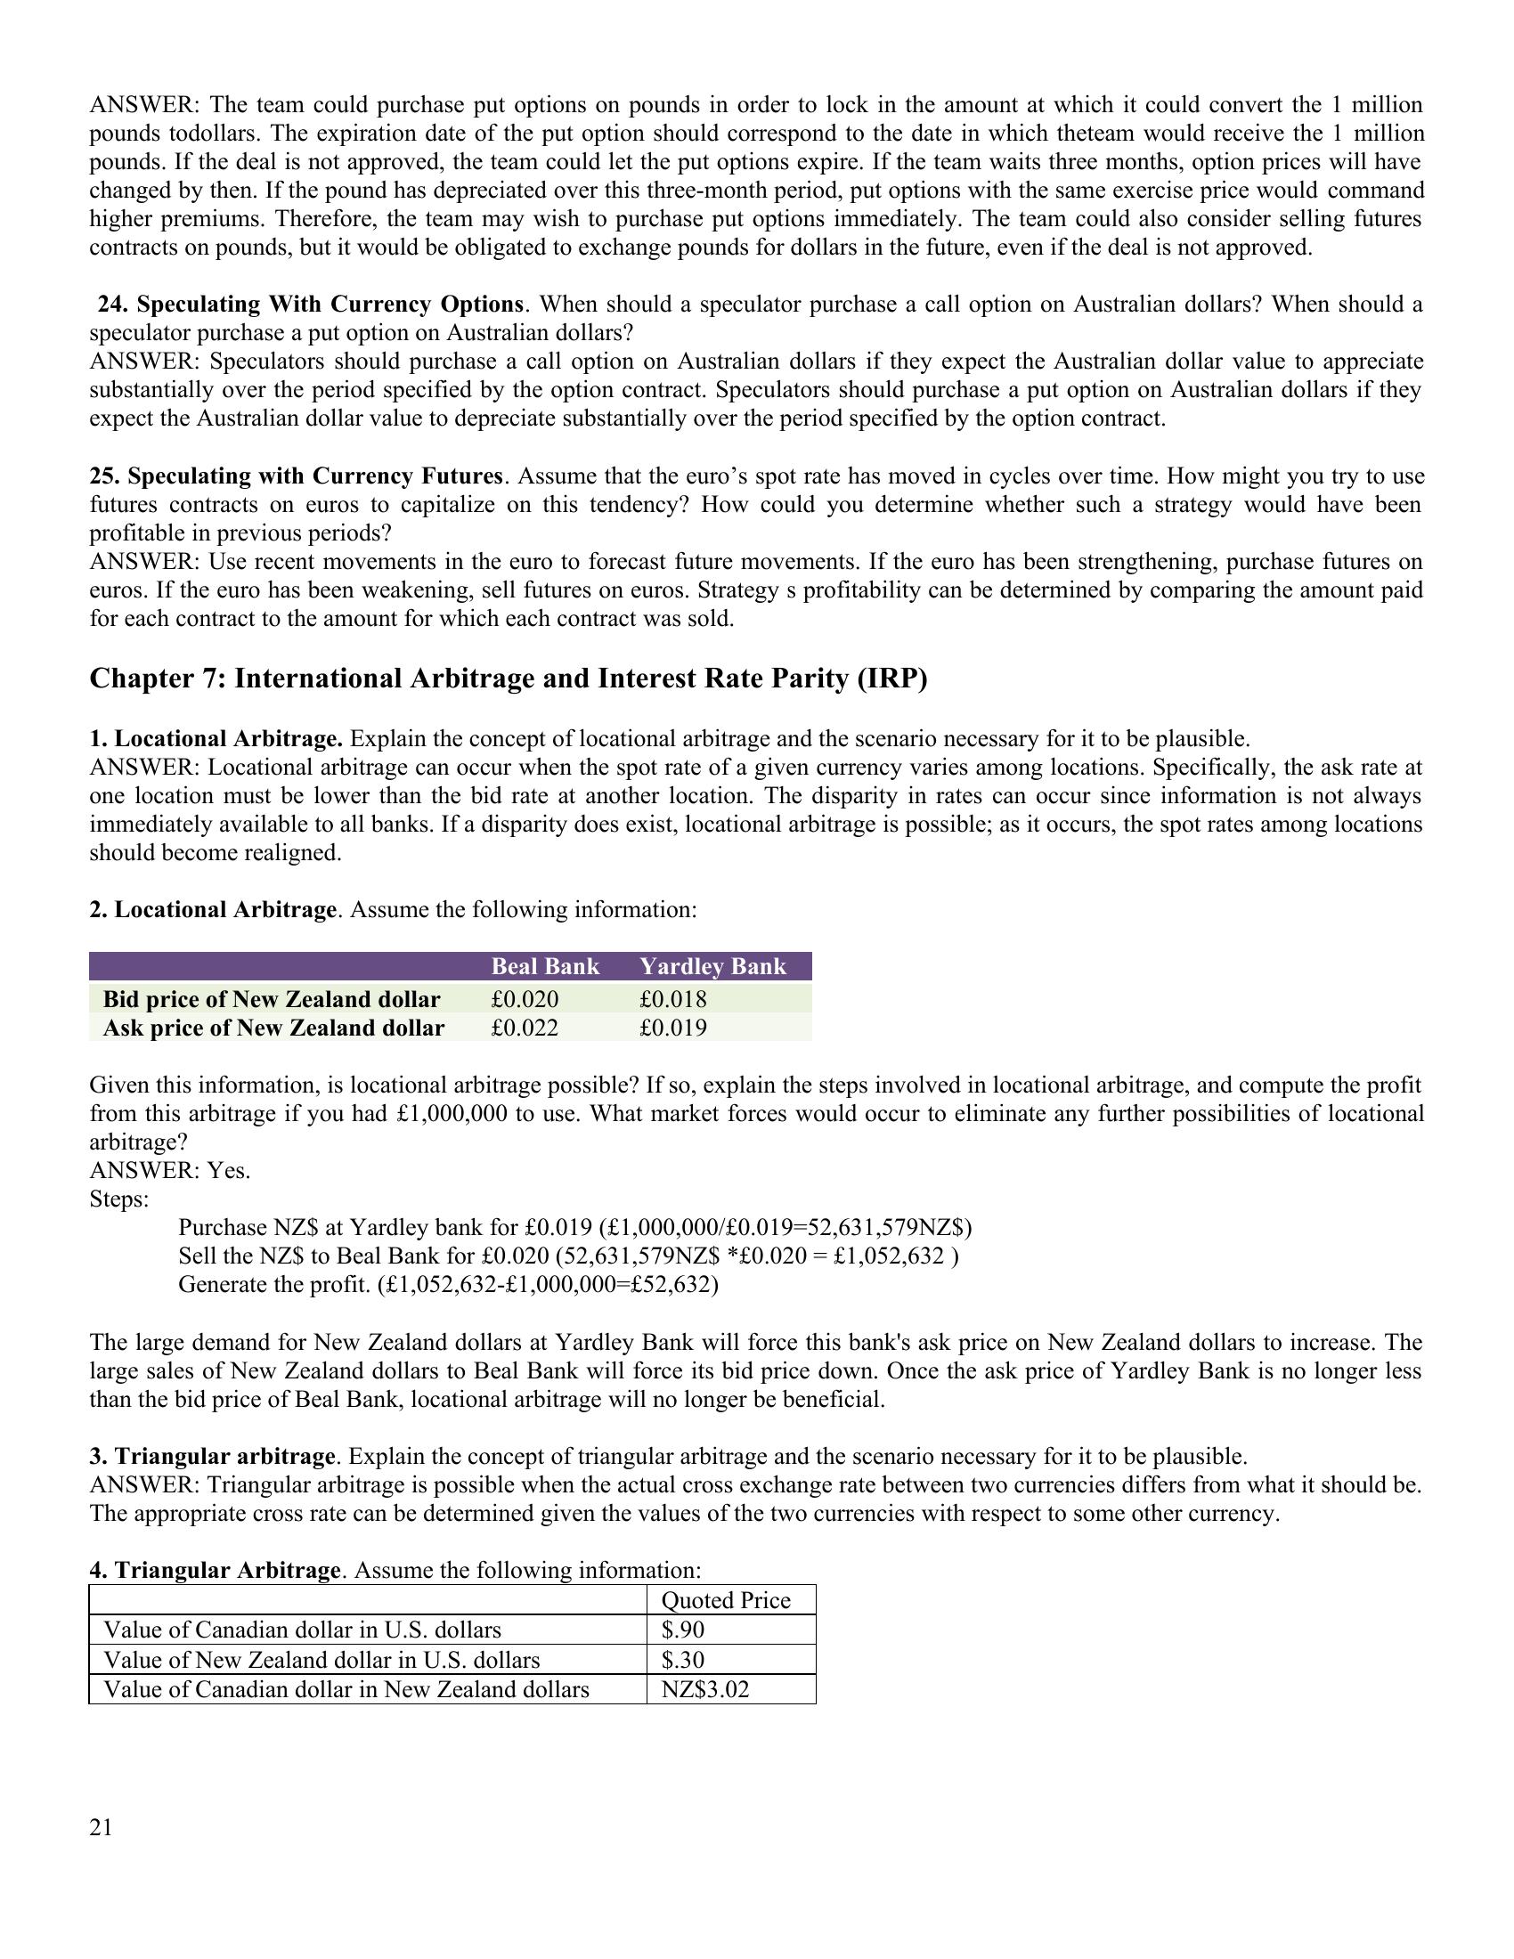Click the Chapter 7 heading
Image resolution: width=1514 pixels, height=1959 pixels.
point(508,679)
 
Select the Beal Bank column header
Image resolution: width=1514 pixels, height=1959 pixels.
point(544,966)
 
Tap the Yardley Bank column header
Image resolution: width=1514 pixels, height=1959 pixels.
point(712,966)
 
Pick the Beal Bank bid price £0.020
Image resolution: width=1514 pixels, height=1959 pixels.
point(525,999)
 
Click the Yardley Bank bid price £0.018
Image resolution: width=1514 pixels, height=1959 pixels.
point(672,999)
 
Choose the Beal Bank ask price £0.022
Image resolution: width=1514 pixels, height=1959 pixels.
point(525,1028)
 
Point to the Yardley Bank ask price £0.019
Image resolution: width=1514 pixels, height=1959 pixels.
point(672,1028)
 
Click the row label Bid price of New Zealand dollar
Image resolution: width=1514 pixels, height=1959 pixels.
point(272,999)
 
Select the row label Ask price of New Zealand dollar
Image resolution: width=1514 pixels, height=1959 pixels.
point(273,1028)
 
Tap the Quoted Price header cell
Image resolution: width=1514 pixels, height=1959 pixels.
point(726,1600)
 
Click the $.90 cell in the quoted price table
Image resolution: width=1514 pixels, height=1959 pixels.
point(682,1630)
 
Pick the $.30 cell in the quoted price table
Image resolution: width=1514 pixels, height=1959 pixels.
point(682,1660)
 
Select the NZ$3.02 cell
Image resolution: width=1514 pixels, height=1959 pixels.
point(705,1690)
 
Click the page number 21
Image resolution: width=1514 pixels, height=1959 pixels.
point(102,1828)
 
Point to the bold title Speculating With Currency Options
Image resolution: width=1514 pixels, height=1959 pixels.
point(310,305)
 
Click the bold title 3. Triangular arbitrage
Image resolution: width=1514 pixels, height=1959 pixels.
point(212,1456)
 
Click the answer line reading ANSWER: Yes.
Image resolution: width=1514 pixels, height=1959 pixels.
point(169,1171)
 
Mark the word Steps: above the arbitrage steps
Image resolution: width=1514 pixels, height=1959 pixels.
point(119,1199)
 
